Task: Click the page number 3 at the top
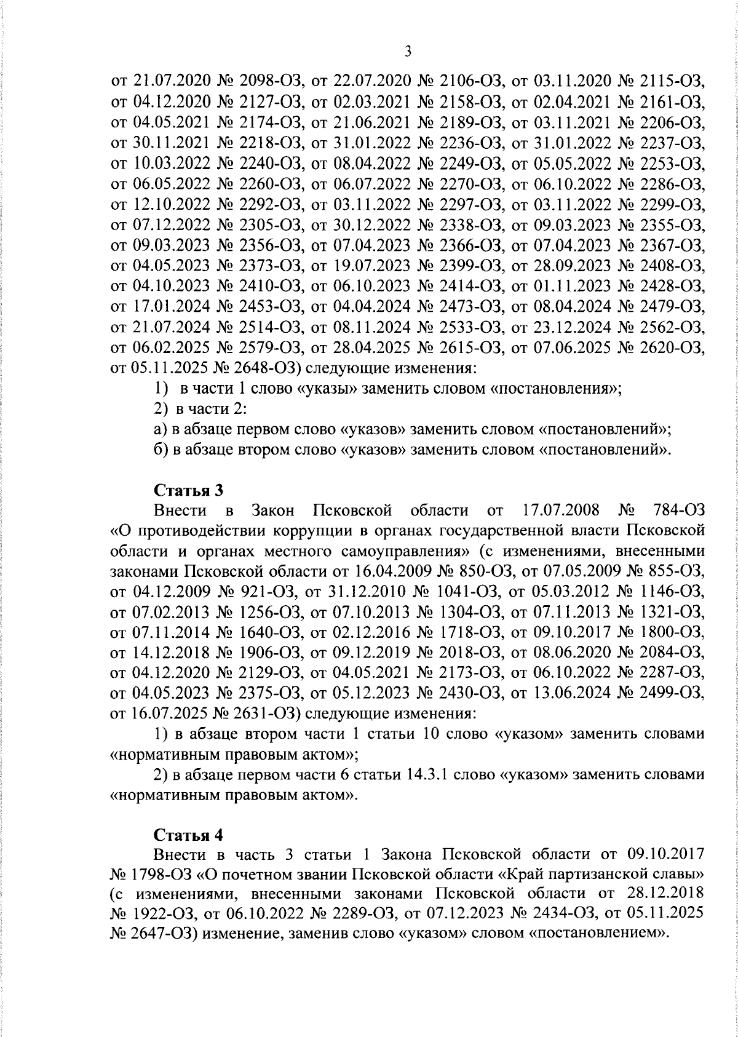(408, 52)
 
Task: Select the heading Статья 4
(188, 835)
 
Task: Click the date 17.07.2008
(557, 511)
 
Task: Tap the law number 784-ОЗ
(676, 511)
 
